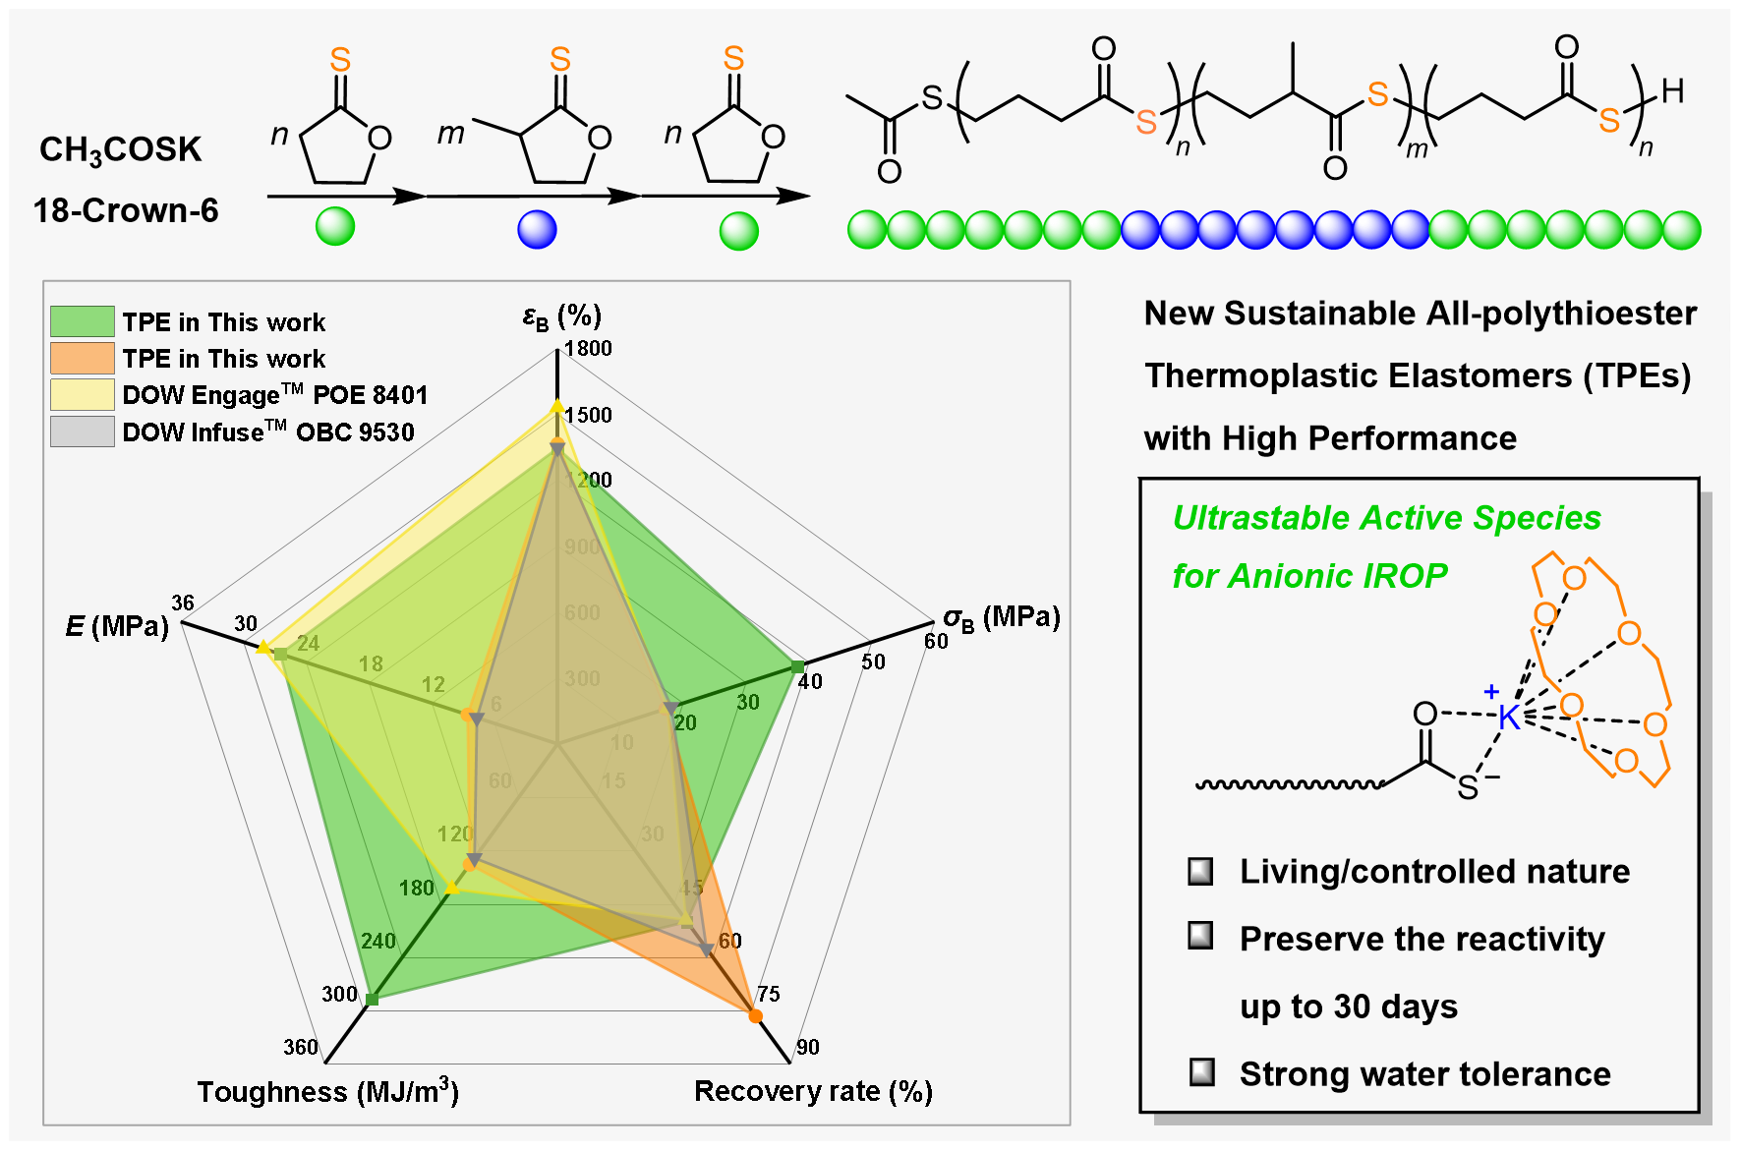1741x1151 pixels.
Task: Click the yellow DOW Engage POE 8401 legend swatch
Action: point(83,394)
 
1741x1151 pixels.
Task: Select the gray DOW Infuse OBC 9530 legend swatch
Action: point(83,432)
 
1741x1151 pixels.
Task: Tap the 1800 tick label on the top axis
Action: point(588,349)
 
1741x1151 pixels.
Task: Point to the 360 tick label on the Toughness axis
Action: point(300,1048)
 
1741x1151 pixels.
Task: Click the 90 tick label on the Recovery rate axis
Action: point(808,1048)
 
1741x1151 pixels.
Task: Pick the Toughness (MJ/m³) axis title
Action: point(327,1092)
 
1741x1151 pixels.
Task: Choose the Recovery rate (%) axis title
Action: point(813,1092)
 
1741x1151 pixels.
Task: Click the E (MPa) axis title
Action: point(117,626)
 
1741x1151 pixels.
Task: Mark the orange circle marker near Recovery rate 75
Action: point(755,1015)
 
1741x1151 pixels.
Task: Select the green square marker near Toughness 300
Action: point(372,1000)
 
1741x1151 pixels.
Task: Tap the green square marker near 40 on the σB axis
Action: point(798,667)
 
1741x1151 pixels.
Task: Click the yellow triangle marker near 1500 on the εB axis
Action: point(556,406)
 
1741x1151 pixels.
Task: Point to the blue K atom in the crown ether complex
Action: point(1509,718)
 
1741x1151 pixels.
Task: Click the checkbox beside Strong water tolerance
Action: point(1201,1071)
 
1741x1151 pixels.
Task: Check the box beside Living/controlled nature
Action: point(1200,872)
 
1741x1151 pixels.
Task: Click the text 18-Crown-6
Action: point(126,210)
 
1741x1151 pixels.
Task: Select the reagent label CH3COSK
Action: point(120,149)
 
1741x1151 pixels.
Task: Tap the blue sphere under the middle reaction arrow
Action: point(537,230)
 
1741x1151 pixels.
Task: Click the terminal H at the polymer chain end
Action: point(1672,91)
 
